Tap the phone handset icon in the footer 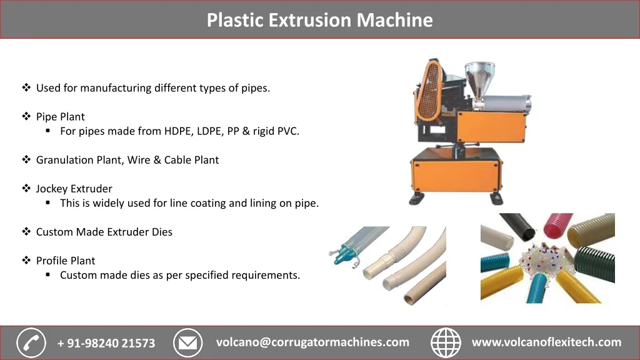pos(31,342)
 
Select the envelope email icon pos(187,342)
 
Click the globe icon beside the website pos(446,342)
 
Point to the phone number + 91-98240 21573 pos(106,343)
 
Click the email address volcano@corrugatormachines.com pos(312,342)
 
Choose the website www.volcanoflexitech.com pos(546,342)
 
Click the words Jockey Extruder pos(74,189)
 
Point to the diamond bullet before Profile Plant pos(26,261)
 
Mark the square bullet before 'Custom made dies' pos(48,275)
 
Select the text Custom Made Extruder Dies pos(104,232)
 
